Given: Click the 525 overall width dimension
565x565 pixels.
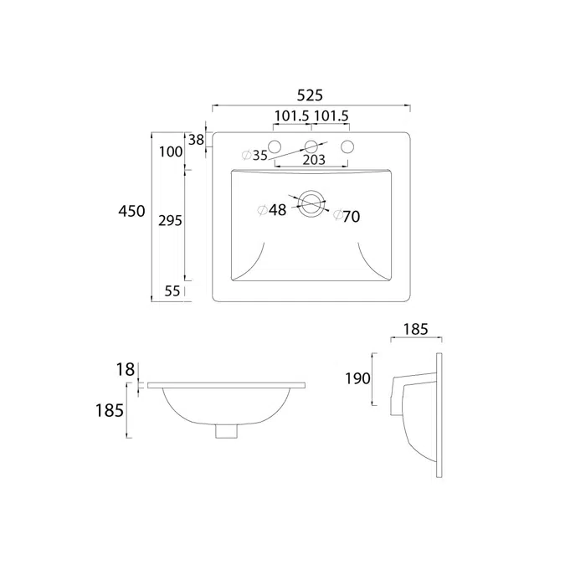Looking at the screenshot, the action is tap(310, 95).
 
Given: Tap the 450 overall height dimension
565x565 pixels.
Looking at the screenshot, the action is tap(132, 211).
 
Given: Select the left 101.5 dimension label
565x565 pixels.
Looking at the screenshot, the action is tap(292, 116).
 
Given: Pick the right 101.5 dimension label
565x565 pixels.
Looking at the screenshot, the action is tap(331, 116).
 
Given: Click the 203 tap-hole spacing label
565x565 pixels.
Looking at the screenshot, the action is tap(314, 160).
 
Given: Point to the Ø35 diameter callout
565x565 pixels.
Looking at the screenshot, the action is tap(254, 156).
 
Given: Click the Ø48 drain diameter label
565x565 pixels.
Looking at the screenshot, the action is tap(272, 210).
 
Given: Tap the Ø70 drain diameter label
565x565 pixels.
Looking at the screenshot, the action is tap(347, 216).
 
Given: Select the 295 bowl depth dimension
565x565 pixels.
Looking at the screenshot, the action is tap(170, 220).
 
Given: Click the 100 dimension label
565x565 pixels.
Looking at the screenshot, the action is tap(171, 152).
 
